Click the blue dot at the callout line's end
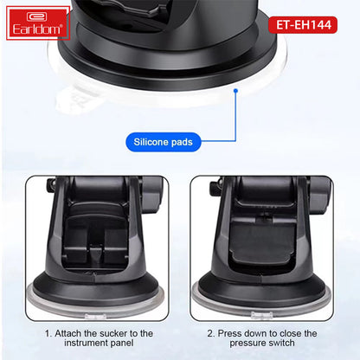click(x=235, y=88)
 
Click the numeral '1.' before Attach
click(x=48, y=333)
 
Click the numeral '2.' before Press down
click(x=211, y=333)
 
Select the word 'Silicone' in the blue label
click(x=149, y=140)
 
